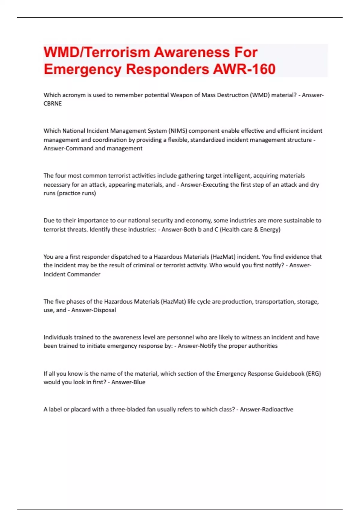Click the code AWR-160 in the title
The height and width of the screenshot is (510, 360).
click(244, 69)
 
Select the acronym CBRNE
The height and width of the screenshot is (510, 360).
click(52, 103)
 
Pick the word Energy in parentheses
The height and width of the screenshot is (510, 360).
click(270, 229)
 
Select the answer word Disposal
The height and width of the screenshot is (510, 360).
click(104, 310)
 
